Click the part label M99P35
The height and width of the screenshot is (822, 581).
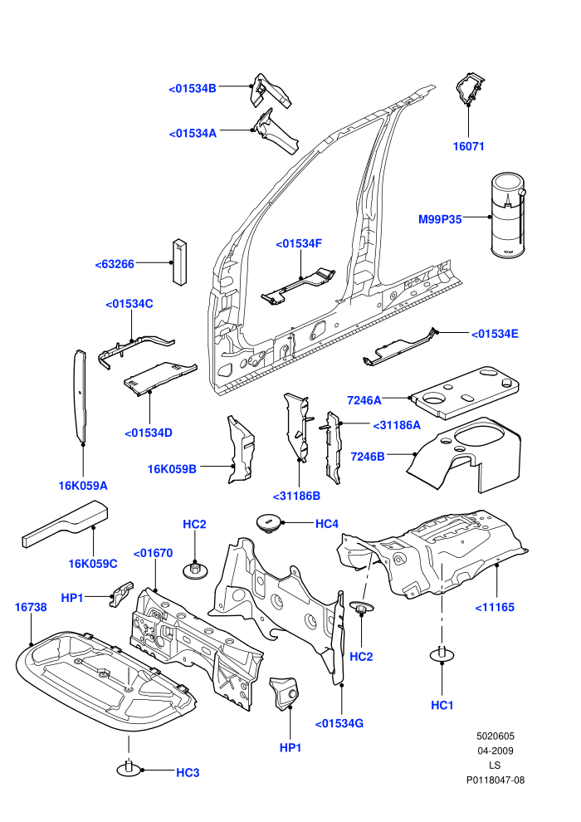point(440,219)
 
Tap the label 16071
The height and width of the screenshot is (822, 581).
point(468,146)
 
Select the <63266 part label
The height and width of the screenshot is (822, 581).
point(115,264)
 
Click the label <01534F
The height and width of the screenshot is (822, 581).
point(299,243)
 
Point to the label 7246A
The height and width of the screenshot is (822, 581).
point(364,400)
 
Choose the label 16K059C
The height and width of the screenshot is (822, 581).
point(93,564)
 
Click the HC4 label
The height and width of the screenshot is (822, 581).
point(326,523)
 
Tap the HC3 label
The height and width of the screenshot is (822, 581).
point(188,772)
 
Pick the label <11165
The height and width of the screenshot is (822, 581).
point(495,607)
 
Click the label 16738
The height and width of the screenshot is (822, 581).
point(31,607)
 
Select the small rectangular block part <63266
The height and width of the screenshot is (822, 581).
point(180,262)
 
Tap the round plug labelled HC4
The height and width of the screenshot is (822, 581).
point(268,524)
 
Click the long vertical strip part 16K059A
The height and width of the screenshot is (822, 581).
point(81,396)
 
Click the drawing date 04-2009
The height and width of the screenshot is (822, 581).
point(495,751)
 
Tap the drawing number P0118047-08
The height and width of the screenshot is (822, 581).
point(496,780)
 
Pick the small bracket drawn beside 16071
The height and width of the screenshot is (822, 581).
point(470,89)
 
